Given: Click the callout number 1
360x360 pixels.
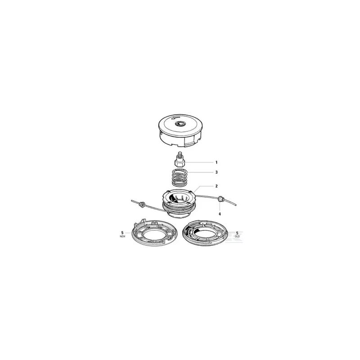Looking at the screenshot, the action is coord(216,162).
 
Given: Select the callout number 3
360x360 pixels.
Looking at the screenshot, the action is coord(216,172).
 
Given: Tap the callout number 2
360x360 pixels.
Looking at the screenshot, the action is coord(216,186).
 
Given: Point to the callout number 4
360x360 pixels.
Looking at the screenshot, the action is coord(220,214).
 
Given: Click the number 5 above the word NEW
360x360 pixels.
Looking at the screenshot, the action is coord(122,233).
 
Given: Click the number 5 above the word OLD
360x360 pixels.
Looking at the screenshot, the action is coord(237,233).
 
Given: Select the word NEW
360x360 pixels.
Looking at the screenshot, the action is coord(122,236).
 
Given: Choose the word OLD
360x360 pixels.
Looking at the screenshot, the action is coord(237,236).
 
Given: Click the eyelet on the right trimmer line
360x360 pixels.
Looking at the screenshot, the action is coord(220,198).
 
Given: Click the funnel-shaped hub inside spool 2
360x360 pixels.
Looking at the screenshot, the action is coord(178,198).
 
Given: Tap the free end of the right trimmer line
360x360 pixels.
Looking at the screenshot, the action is coord(236,205).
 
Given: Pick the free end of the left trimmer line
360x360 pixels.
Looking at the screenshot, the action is coord(132,201).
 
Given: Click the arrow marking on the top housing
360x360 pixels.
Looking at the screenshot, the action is coord(173,118).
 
